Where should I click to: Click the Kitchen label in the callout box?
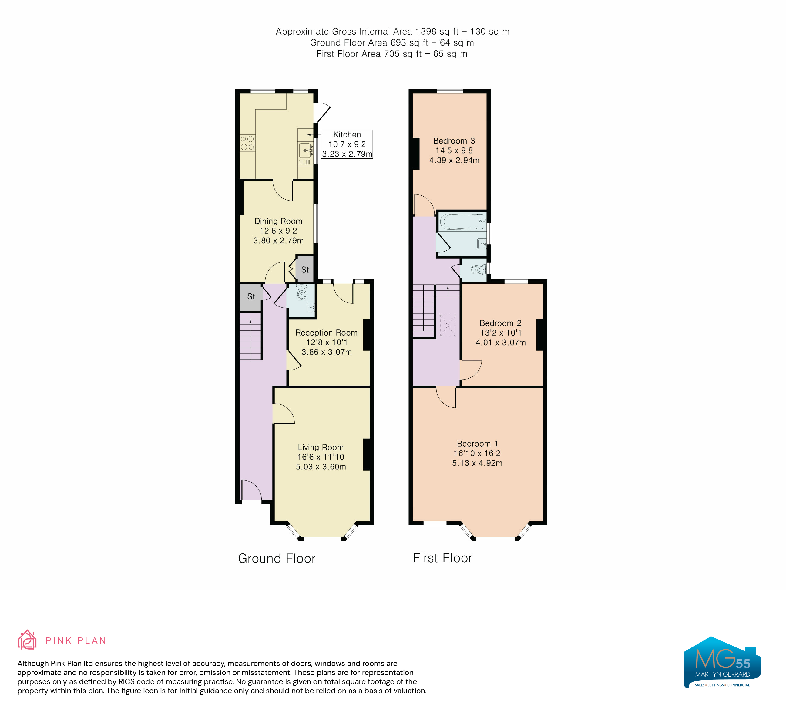(x=347, y=135)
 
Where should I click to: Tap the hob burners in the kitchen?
(x=247, y=143)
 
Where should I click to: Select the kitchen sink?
(x=306, y=150)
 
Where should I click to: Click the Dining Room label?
(x=278, y=221)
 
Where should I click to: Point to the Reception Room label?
(x=326, y=333)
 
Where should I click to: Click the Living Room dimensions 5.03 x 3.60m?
(x=321, y=467)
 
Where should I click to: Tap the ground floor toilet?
(x=301, y=292)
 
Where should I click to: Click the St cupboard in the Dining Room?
(x=305, y=269)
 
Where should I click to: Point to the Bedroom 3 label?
(x=454, y=141)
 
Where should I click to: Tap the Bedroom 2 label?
(x=501, y=323)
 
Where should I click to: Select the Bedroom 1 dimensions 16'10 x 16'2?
(x=477, y=453)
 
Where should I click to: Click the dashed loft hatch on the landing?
(x=448, y=325)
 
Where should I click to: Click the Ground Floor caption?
(x=277, y=559)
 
